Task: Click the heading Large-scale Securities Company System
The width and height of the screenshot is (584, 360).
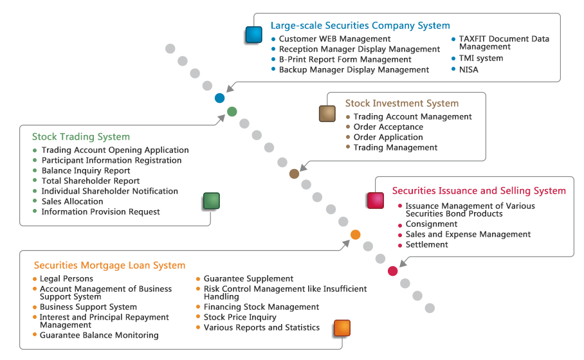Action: point(360,26)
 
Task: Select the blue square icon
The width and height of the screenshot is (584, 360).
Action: point(254,35)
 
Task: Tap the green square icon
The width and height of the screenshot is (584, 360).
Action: point(212,201)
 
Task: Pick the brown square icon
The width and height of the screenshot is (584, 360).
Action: point(327,114)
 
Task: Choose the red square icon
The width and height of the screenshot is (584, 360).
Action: point(376,201)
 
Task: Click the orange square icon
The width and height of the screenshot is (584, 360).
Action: point(342,328)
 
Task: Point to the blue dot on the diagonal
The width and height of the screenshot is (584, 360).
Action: point(220,98)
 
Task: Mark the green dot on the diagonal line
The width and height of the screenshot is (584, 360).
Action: point(232,111)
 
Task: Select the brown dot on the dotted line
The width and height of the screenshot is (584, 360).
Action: point(294,174)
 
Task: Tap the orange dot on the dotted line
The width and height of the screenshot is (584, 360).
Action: point(355,235)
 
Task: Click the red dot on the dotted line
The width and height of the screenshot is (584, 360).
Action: point(392,271)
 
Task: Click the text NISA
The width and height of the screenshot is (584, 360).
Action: point(468,69)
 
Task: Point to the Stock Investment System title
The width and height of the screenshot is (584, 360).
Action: point(402,103)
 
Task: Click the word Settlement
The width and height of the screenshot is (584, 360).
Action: point(427,244)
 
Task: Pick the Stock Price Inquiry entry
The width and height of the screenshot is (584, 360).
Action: point(240,317)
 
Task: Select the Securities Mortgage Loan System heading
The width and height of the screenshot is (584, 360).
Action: point(109,265)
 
